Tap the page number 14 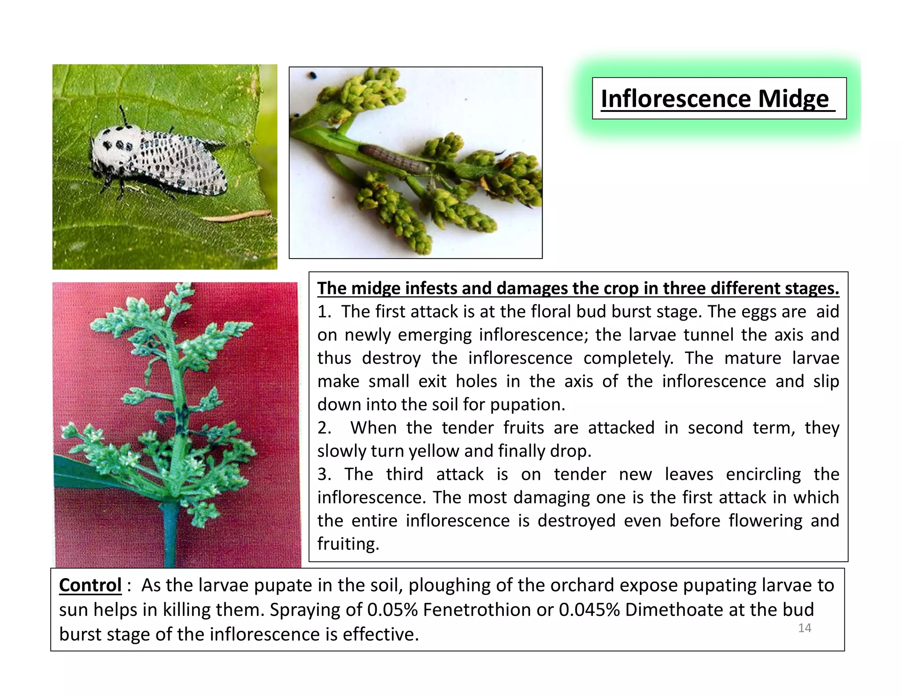tap(804, 628)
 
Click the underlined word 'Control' tap(90, 585)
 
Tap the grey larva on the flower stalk tap(394, 158)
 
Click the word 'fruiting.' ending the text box tap(348, 544)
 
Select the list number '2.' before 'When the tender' tap(325, 428)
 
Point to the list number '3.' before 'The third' tap(325, 475)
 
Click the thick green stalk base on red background tap(170, 538)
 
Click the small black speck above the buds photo tap(313, 75)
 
